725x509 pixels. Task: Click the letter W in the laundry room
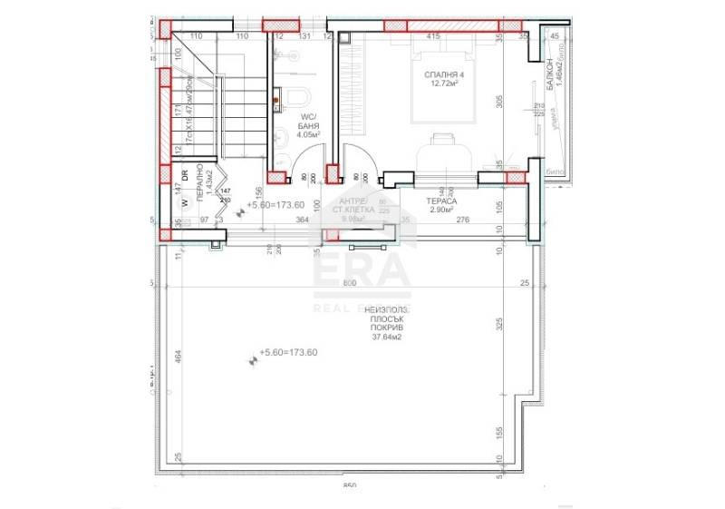pyautogui.click(x=183, y=203)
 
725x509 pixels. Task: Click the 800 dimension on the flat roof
pyautogui.click(x=349, y=284)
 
